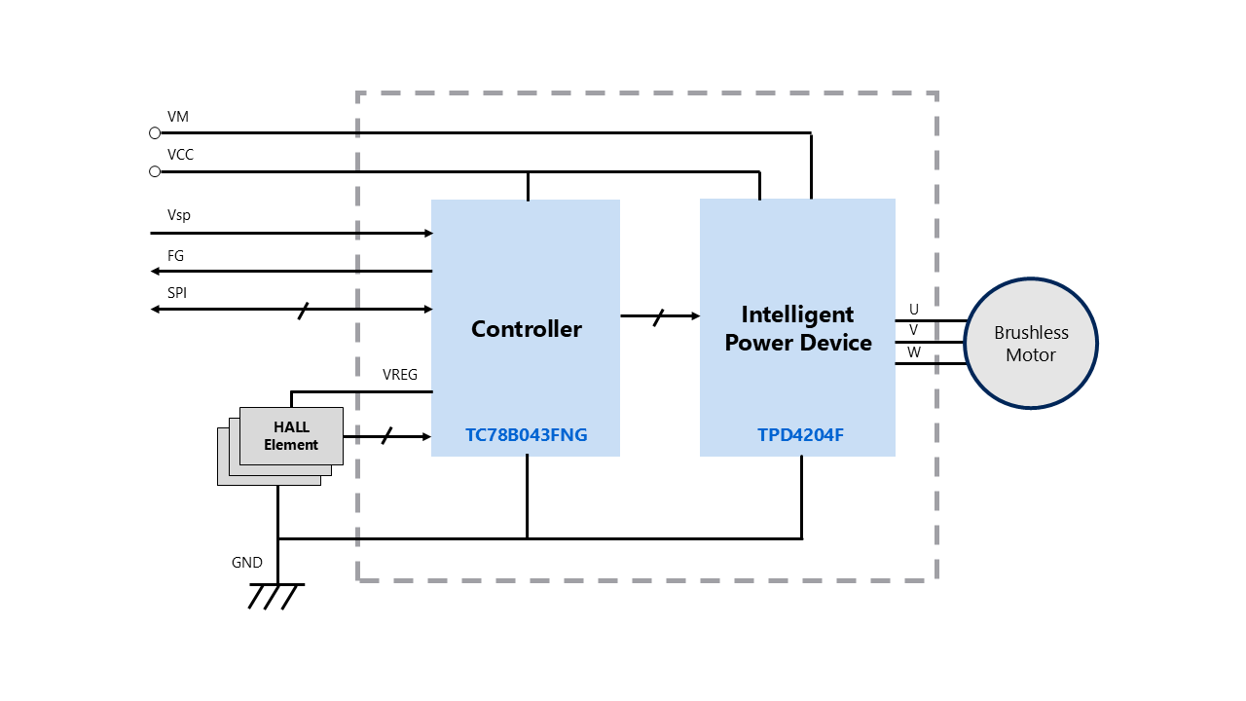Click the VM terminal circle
coord(155,132)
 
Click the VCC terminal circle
coord(155,171)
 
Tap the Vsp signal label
coord(179,215)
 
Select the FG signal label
coord(175,256)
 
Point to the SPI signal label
coord(177,293)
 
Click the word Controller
coord(527,329)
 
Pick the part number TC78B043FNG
coord(527,435)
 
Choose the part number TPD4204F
coord(801,435)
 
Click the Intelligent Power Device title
coord(798,328)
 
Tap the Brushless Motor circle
coord(1031,344)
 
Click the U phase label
coord(914,310)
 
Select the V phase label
coord(914,331)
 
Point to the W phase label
coord(914,352)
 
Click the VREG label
coord(400,375)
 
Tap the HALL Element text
coord(291,436)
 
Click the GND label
coord(247,563)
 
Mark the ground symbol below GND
coord(276,595)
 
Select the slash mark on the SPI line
coord(303,310)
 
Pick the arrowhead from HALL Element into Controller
coord(424,436)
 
